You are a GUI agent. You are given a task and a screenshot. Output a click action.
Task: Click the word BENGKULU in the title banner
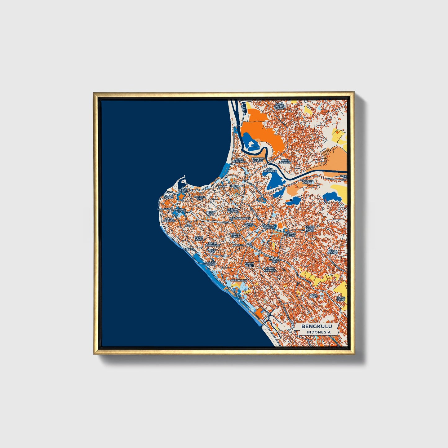317,326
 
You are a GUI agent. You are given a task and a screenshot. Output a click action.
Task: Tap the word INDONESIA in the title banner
318,332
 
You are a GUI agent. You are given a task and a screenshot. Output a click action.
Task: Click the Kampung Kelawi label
258,159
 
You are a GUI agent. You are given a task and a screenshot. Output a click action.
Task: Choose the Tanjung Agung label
308,182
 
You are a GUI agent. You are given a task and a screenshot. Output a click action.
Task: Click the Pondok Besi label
199,197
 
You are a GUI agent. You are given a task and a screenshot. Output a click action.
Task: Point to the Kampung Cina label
179,211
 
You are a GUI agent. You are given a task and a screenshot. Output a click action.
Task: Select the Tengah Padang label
233,210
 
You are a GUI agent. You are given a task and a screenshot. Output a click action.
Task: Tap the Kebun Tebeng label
333,252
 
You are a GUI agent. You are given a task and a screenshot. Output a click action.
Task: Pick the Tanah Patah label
341,299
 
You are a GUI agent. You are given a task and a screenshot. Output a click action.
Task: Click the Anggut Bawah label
210,264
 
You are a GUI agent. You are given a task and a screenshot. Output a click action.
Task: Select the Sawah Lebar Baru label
310,228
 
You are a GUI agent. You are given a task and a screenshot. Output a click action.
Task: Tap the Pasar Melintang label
214,244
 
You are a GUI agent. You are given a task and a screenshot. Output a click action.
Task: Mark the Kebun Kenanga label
270,269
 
